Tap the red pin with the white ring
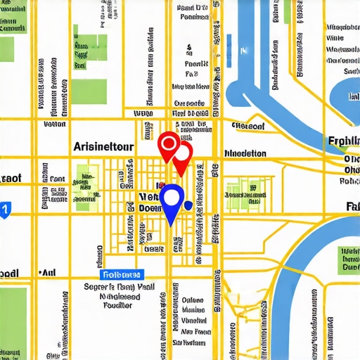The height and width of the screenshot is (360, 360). point(168,145)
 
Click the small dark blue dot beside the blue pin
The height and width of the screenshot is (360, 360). point(188,205)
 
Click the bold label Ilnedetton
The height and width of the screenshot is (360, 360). point(244,153)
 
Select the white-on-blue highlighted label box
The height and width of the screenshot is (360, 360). point(122,275)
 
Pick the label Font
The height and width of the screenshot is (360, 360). point(57,179)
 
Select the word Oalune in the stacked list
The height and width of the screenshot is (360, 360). point(193,299)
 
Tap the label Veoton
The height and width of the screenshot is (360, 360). point(54,124)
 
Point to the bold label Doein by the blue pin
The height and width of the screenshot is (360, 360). point(150,209)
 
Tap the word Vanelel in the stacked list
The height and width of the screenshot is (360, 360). point(193,320)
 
